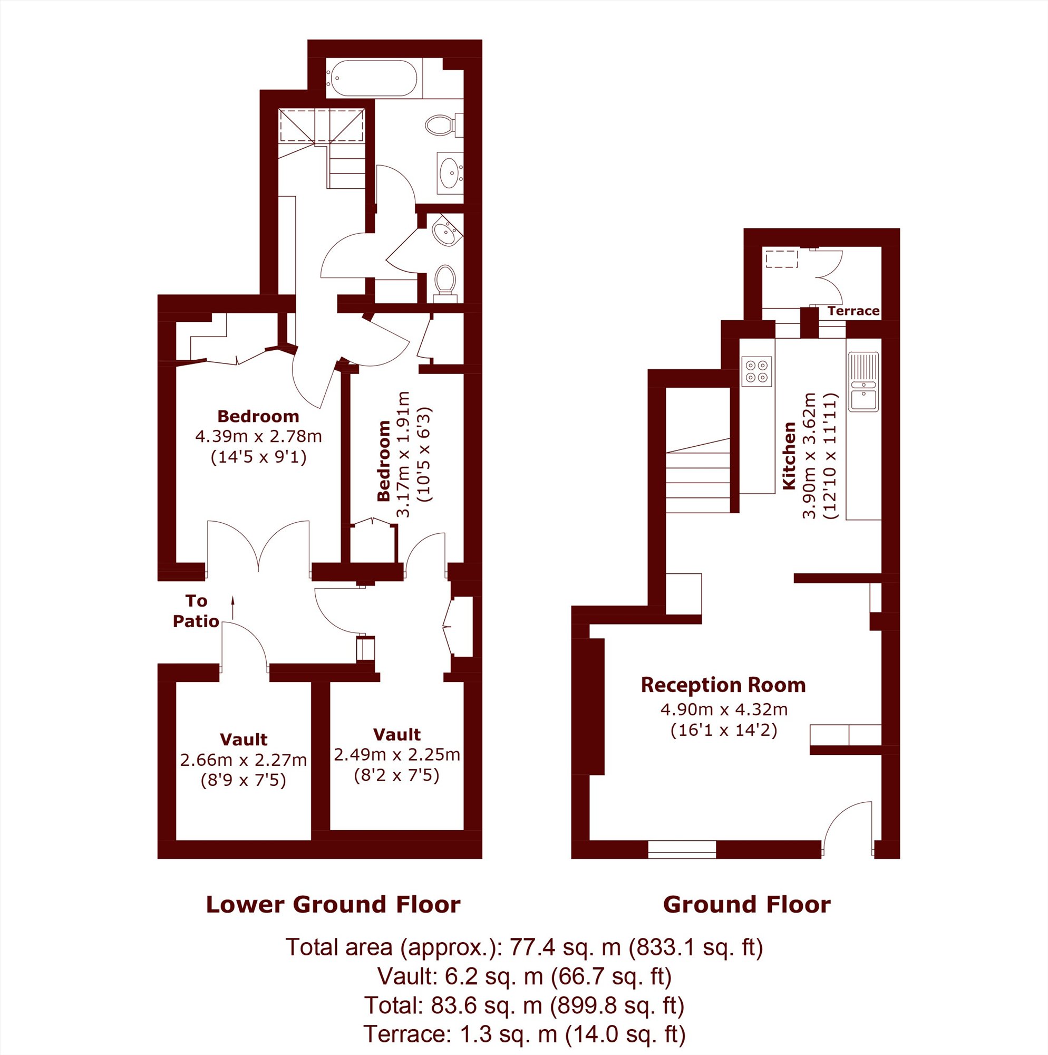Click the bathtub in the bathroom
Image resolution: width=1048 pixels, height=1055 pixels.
click(x=372, y=79)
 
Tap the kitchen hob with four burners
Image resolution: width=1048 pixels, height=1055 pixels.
click(x=756, y=371)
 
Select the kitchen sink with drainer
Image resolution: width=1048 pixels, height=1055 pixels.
click(x=863, y=382)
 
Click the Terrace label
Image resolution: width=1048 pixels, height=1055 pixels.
click(x=853, y=311)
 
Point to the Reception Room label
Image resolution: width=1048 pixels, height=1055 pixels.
click(x=723, y=685)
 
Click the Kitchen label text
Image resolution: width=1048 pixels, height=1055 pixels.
click(x=789, y=455)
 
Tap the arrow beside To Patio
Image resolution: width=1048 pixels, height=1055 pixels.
click(x=233, y=608)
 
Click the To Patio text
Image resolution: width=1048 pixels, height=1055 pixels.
click(x=196, y=611)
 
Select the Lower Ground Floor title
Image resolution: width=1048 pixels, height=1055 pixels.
click(x=333, y=905)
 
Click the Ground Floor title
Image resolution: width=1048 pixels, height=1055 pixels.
click(x=746, y=905)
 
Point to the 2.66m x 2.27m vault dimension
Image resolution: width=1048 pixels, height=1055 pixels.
click(x=244, y=760)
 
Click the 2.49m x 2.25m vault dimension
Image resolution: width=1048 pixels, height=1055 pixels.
click(x=397, y=755)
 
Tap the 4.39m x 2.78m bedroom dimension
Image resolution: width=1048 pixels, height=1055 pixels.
click(x=258, y=436)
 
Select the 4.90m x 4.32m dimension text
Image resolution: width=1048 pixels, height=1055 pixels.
click(x=724, y=709)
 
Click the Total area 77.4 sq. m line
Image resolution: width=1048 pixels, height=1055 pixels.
click(x=524, y=947)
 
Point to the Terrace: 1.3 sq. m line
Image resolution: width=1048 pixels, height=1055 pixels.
click(x=524, y=1034)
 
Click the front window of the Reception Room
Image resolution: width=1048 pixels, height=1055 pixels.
click(x=682, y=850)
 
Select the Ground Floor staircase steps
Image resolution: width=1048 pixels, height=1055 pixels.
click(x=698, y=475)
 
